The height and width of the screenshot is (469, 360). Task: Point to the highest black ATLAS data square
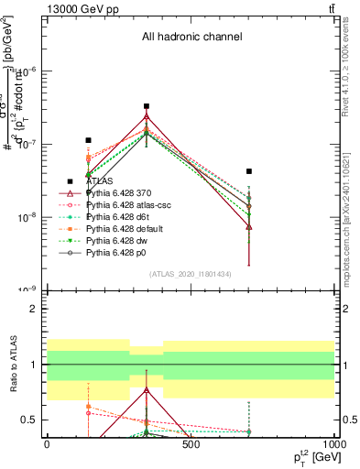(147, 106)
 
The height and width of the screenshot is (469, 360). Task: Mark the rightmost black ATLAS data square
(249, 171)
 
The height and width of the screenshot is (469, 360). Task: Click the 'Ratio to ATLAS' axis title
(13, 366)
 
